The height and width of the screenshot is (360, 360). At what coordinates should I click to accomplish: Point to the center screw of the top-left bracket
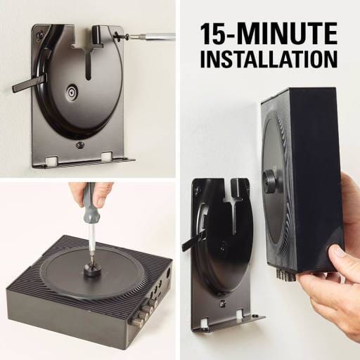72,91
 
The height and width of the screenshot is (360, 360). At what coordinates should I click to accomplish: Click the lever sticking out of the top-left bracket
26,84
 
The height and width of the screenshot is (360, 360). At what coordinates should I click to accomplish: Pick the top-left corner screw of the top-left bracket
40,33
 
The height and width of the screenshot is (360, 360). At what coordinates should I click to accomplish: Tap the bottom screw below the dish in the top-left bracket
79,145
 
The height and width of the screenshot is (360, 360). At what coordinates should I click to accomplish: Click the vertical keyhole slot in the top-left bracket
90,59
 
